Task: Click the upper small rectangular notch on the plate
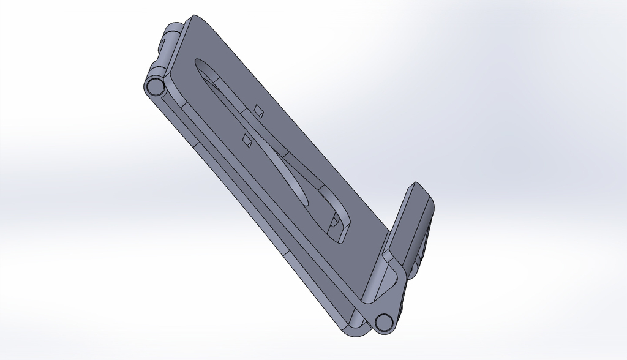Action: pyautogui.click(x=258, y=110)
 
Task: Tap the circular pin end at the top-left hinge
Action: pyautogui.click(x=154, y=87)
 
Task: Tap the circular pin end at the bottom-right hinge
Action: pyautogui.click(x=384, y=321)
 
